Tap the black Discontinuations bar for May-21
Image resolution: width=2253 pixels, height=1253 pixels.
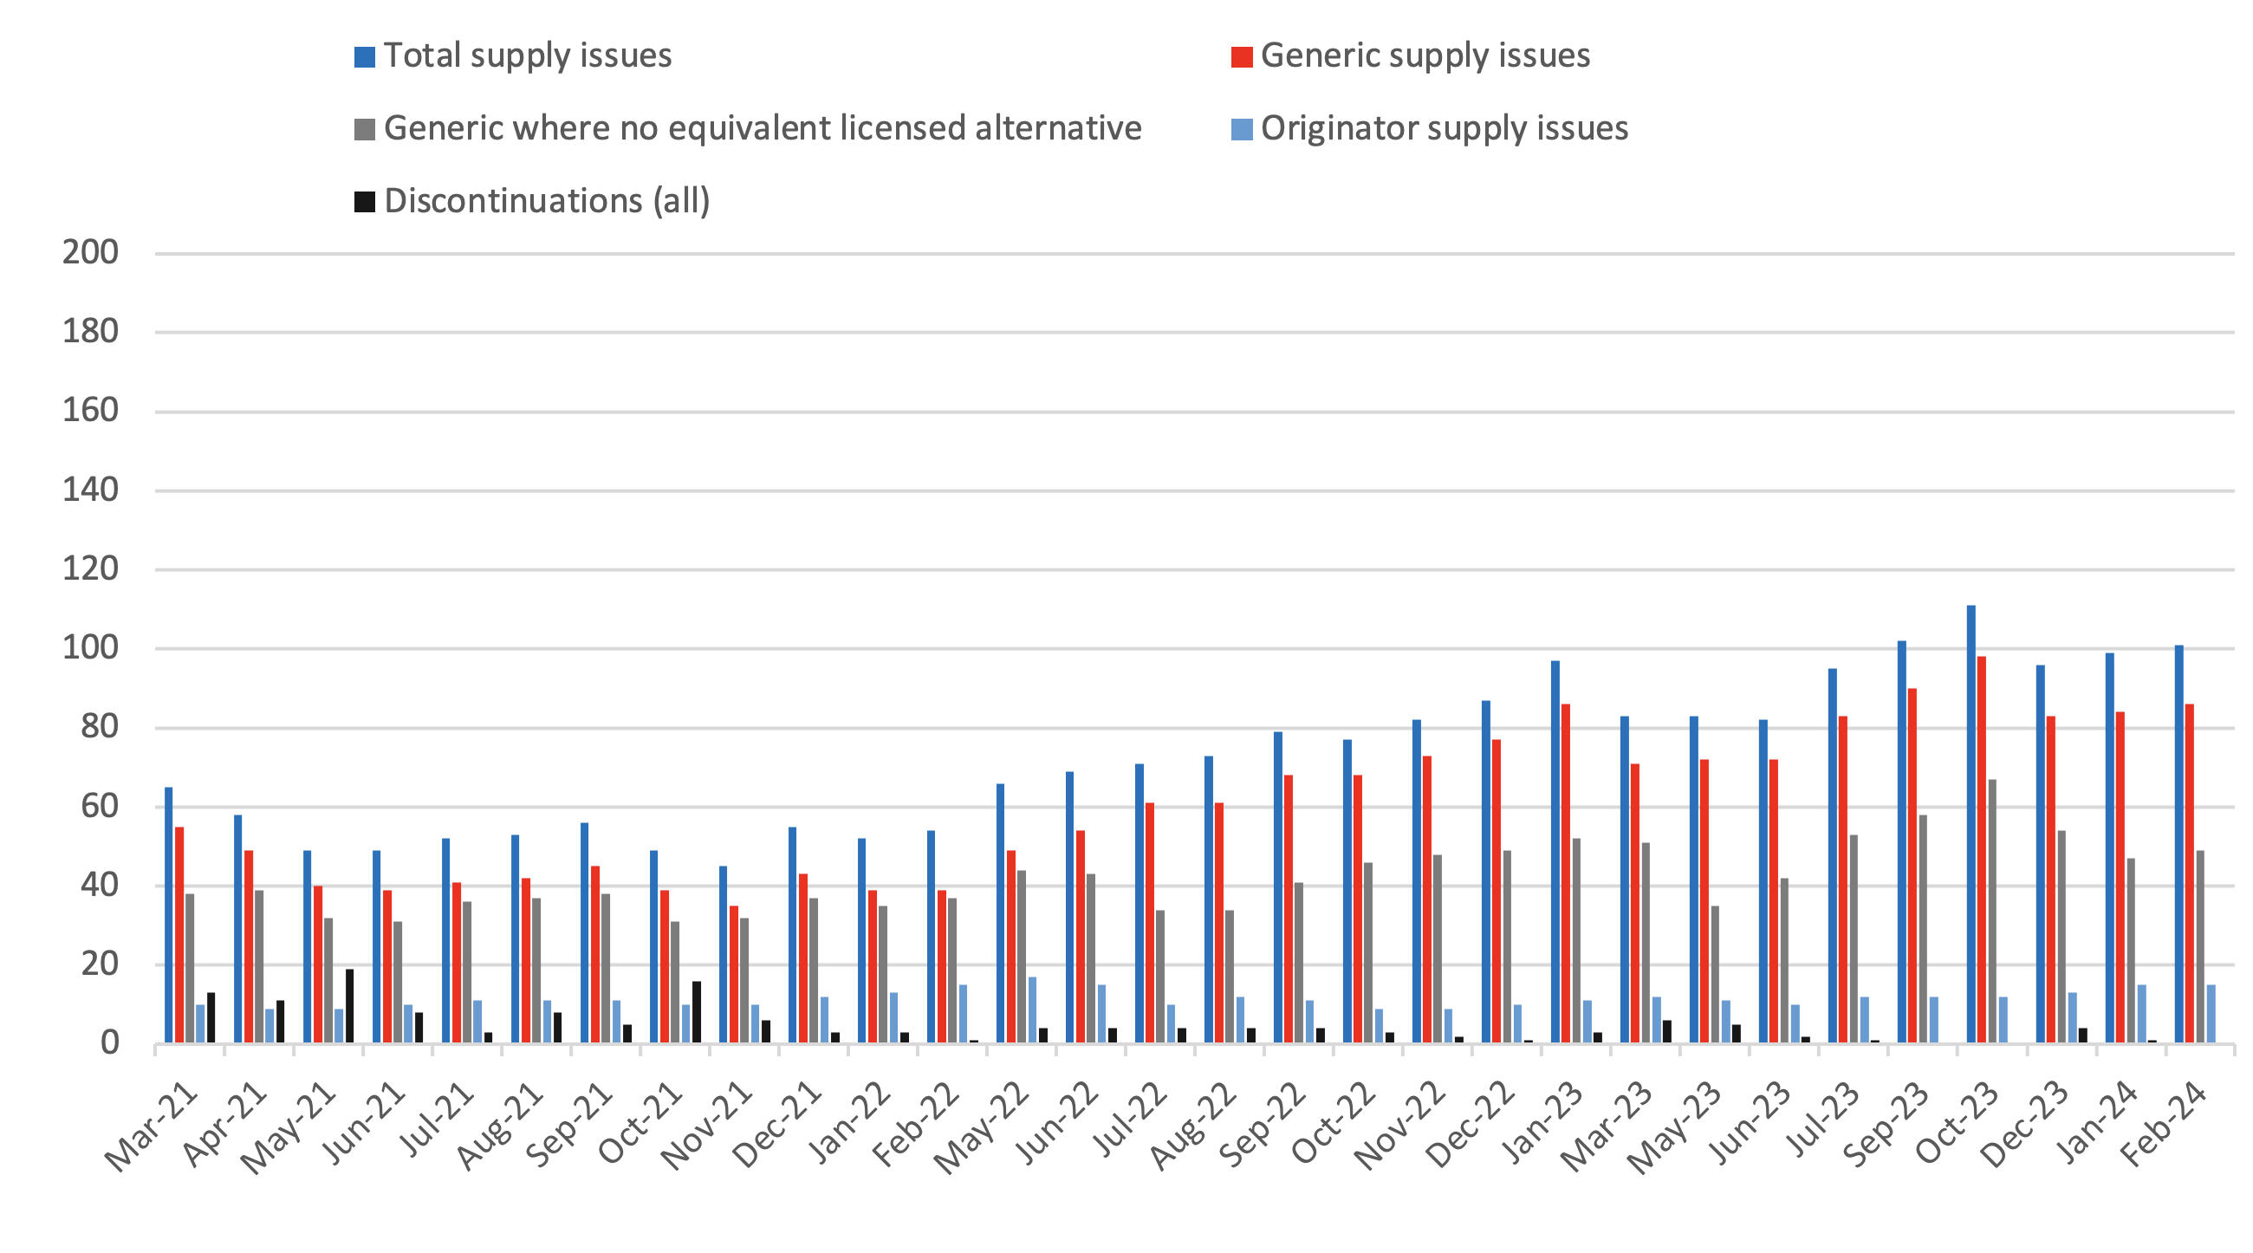[349, 1005]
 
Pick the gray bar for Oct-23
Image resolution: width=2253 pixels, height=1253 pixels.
[1991, 910]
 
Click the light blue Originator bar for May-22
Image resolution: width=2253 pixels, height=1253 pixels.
[1032, 1009]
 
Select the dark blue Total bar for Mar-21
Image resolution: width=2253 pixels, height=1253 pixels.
[169, 914]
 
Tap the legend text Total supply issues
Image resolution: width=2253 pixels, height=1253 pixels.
[528, 56]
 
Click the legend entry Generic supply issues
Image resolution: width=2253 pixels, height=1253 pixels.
[1424, 56]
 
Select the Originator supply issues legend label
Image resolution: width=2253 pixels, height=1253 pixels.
[1443, 128]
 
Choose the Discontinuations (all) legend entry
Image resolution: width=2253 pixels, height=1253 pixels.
[546, 201]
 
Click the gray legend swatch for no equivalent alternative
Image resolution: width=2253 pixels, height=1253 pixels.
[364, 129]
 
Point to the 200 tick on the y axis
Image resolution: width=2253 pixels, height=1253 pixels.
[90, 253]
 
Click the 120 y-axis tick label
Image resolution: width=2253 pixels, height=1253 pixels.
[90, 569]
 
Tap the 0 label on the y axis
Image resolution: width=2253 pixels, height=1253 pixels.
[108, 1043]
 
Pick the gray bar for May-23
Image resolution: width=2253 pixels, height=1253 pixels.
[1714, 973]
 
